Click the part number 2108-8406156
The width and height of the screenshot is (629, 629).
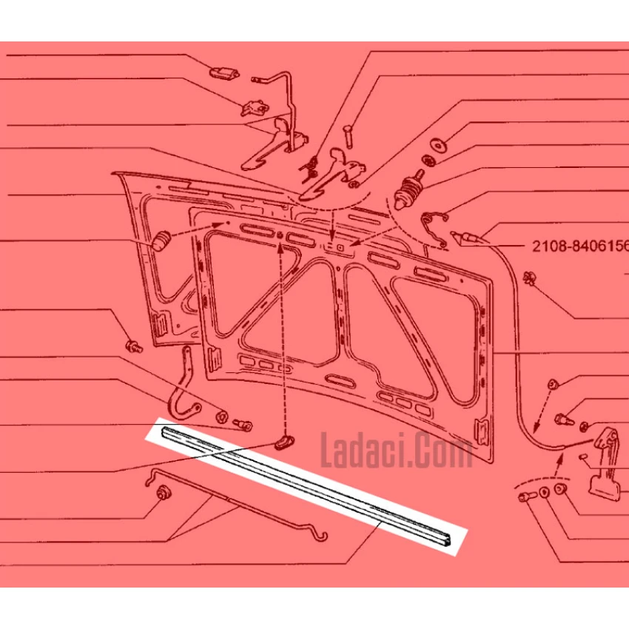[x=580, y=246]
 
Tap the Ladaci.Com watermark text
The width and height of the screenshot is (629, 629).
[x=397, y=451]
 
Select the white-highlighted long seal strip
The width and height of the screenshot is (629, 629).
[x=306, y=486]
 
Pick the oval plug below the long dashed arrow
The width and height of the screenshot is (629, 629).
[x=284, y=442]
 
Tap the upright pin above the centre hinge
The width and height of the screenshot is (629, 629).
[x=347, y=136]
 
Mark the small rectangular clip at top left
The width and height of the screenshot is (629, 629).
[x=225, y=73]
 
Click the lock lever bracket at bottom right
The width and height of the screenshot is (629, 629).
[x=605, y=463]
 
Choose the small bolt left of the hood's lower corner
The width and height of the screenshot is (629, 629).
[x=134, y=346]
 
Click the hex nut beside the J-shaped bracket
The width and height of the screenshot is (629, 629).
[x=221, y=417]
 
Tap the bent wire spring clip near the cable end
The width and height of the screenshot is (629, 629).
[x=435, y=229]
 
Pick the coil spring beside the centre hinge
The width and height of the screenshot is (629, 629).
[x=309, y=169]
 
